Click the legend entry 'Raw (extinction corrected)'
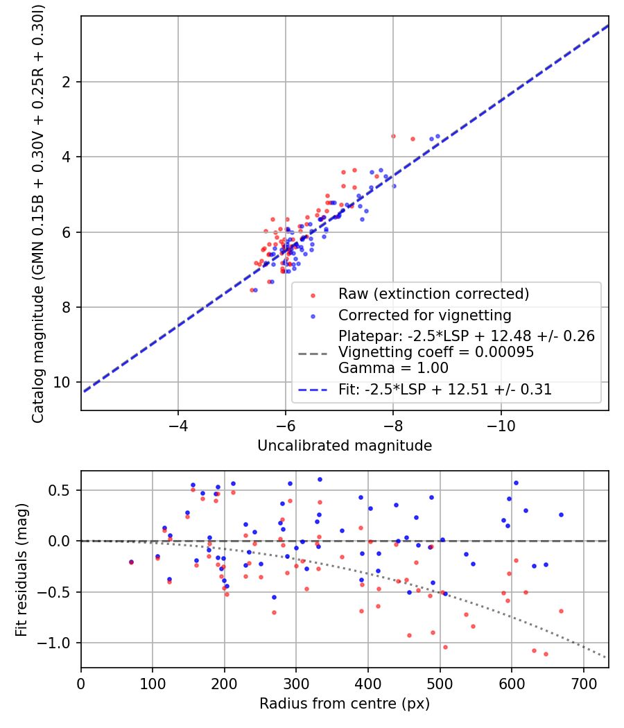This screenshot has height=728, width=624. [x=433, y=294]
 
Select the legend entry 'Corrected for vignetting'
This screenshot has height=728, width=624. [x=424, y=315]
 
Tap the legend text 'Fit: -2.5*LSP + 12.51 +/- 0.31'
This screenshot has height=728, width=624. [x=445, y=389]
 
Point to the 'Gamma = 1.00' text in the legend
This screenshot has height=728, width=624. [x=393, y=367]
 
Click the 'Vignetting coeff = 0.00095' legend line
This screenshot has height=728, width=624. [x=436, y=352]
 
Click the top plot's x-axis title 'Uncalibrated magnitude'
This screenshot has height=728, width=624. [x=345, y=446]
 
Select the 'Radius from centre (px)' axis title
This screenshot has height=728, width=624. [x=345, y=704]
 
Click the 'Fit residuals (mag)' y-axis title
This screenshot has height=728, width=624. [x=21, y=570]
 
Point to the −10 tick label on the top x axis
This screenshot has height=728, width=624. [x=501, y=425]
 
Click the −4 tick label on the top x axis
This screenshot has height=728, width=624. [x=177, y=425]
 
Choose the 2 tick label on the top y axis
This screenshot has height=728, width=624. [x=67, y=82]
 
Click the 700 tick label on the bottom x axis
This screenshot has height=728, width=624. [x=583, y=684]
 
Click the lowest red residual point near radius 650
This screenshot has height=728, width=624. [x=546, y=655]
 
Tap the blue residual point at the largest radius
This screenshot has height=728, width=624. [x=561, y=515]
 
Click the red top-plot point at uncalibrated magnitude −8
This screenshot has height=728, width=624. [x=393, y=136]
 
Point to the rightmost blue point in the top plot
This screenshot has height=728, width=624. [x=437, y=136]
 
